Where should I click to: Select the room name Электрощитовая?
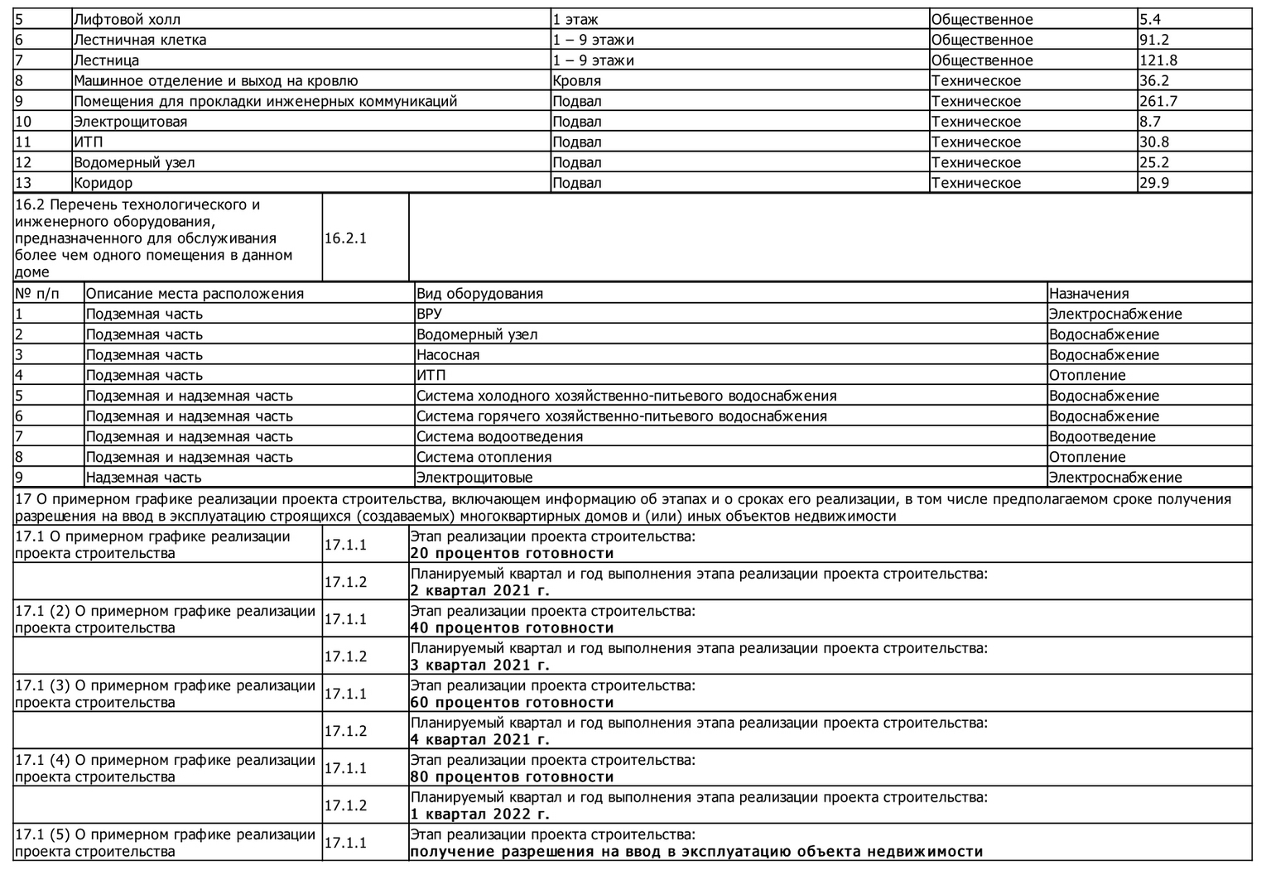(x=130, y=122)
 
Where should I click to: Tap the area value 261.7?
(x=1158, y=101)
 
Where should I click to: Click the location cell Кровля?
(x=576, y=80)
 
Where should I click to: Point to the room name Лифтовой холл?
(x=127, y=19)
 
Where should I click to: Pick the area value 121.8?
(x=1158, y=60)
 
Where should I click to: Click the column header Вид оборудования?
(x=479, y=293)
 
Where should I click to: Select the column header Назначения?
(x=1088, y=293)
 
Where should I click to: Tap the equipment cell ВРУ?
(x=429, y=314)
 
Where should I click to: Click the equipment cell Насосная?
(x=447, y=354)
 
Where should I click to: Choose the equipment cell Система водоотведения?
(x=499, y=436)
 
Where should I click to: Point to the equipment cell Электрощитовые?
(x=474, y=477)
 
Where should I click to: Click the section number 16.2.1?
(x=345, y=238)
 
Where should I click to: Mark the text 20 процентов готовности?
(x=512, y=553)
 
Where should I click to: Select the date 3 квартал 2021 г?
(x=479, y=665)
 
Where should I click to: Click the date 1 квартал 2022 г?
(x=479, y=814)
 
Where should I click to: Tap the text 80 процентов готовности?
(x=512, y=776)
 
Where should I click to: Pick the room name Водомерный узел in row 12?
(x=134, y=162)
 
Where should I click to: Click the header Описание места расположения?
(x=195, y=293)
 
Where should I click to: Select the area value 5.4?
(x=1150, y=19)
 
